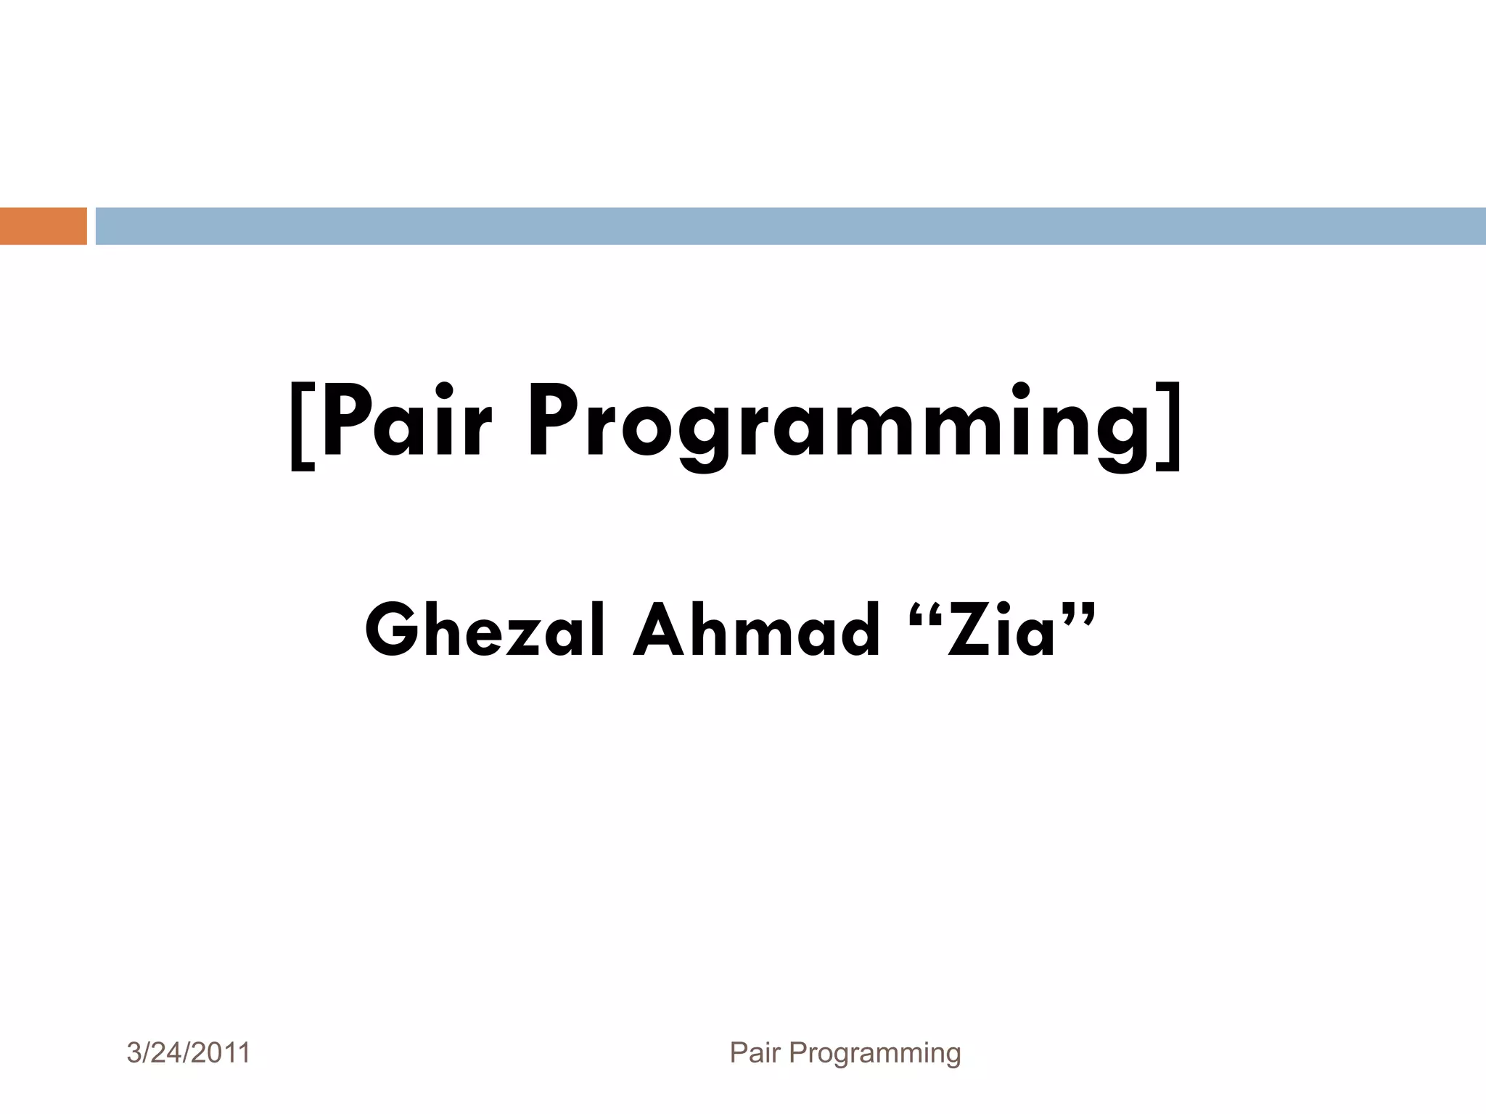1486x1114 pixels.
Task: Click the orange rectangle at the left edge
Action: click(43, 226)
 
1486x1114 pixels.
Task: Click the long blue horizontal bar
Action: click(790, 226)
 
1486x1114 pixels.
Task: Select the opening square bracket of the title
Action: click(302, 428)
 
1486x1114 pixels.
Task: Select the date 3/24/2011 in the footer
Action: click(189, 1052)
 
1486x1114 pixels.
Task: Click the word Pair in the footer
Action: click(755, 1052)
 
